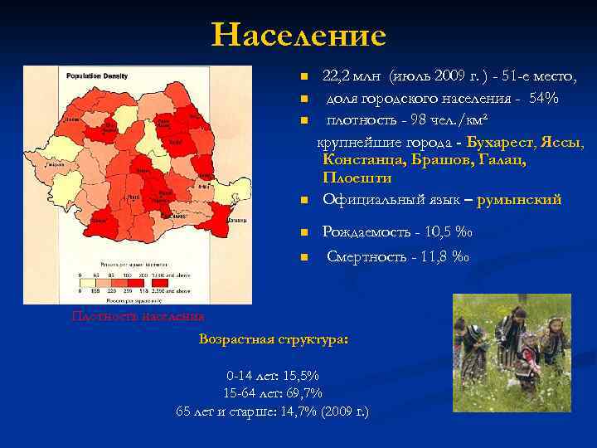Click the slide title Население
click(x=298, y=36)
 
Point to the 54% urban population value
click(x=543, y=100)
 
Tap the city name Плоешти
click(x=357, y=178)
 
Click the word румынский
click(x=519, y=199)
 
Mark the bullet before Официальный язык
click(x=304, y=200)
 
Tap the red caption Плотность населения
click(x=138, y=316)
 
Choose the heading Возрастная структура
click(x=274, y=340)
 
